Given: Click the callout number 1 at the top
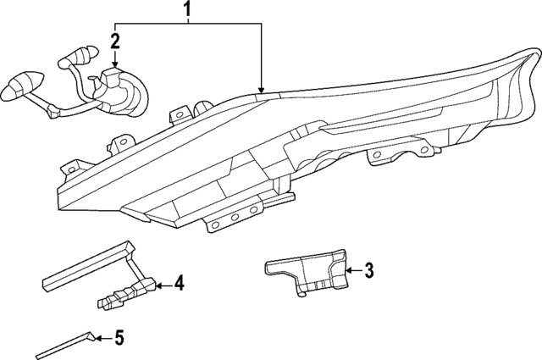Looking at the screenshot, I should pos(187,12).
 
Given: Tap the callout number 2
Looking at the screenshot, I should pos(115,39).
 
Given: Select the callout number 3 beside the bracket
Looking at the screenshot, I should pos(368,271).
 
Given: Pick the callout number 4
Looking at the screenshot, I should pos(179,284).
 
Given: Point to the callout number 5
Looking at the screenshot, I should pos(119,339).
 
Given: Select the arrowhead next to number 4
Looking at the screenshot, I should pos(157,285).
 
